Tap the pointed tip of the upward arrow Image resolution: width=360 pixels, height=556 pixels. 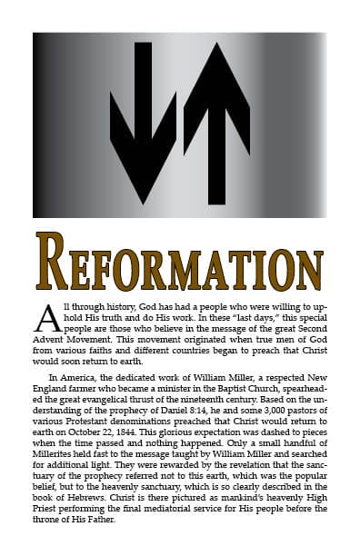215,45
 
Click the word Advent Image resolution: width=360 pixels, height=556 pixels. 49,335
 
